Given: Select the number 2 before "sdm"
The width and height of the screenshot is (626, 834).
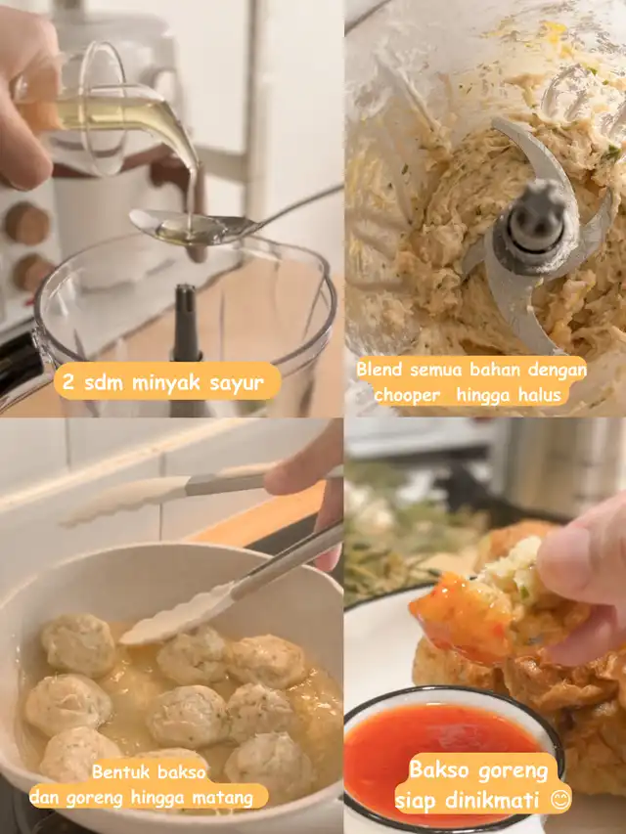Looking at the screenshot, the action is click(68, 381).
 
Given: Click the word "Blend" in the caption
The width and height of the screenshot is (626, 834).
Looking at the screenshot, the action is click(379, 370).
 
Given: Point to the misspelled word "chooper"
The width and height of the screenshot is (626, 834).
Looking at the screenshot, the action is click(407, 395).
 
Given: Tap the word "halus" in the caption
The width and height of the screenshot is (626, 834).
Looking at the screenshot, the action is click(538, 394).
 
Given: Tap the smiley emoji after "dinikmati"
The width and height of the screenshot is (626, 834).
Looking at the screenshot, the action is click(560, 800).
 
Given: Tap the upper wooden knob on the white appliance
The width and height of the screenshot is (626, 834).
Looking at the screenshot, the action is click(27, 224).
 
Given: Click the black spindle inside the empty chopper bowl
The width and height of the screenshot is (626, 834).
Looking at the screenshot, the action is click(187, 325).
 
